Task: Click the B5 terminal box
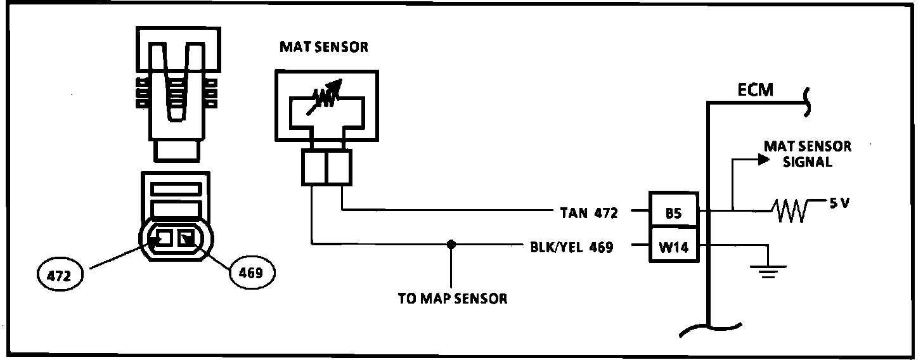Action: point(673,214)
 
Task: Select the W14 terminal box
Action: point(673,248)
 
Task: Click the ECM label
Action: point(756,90)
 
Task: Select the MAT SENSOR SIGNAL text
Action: point(807,154)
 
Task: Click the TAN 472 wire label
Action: point(589,214)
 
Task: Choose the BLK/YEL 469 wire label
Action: point(571,248)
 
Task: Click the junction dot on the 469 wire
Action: point(450,244)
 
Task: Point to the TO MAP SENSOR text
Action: point(453,299)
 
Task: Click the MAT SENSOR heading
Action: point(323,48)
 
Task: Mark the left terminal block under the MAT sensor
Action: point(313,168)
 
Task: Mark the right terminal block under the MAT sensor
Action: point(338,168)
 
